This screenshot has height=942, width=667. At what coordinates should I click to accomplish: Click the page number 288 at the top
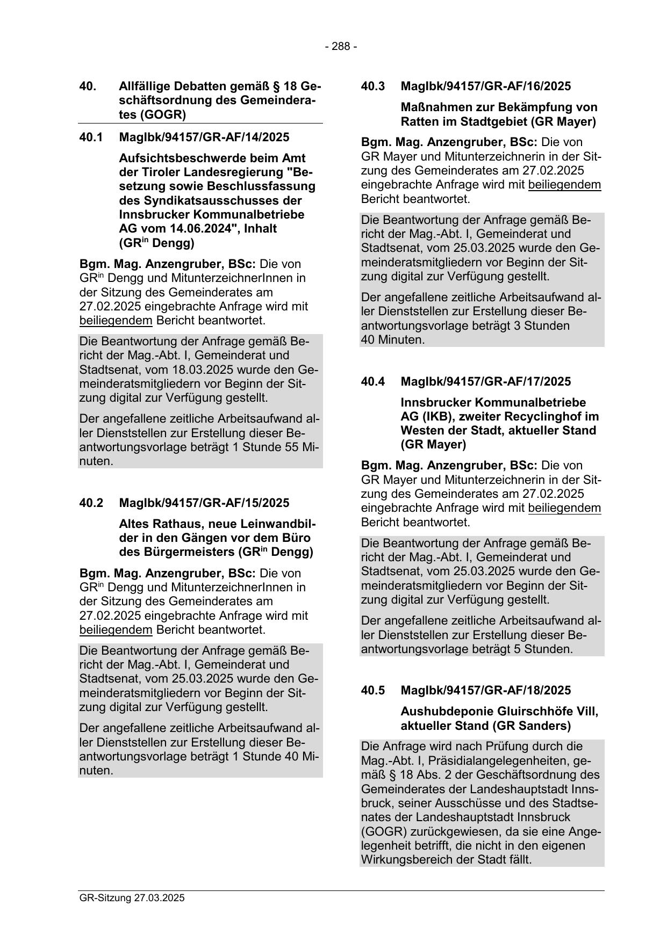pos(341,47)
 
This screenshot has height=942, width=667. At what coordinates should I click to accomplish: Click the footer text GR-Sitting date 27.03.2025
pos(132,897)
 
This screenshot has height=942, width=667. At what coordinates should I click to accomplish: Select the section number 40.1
pos(91,137)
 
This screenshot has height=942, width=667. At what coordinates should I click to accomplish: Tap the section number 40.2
pos(91,503)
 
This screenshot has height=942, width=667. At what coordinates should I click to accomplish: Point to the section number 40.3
pos(372,86)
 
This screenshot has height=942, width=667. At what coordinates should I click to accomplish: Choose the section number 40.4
pos(372,381)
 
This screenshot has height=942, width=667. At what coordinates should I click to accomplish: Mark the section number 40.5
pos(372,690)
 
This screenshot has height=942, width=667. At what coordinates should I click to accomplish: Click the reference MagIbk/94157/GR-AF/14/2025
pos(204,137)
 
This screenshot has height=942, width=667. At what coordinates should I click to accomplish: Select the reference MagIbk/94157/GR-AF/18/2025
pos(485,690)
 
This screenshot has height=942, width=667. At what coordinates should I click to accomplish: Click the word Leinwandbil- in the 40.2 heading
pos(277,524)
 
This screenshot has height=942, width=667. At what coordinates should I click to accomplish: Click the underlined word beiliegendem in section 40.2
pos(116,629)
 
